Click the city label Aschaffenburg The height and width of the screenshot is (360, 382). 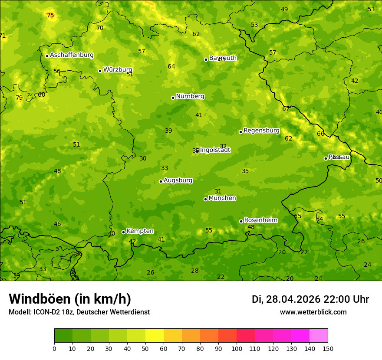tap(72, 55)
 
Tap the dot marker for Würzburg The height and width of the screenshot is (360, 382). tap(100, 71)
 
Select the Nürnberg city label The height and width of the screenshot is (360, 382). tap(190, 96)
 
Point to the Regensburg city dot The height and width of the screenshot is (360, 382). tap(240, 132)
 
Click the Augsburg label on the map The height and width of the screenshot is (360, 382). tap(178, 180)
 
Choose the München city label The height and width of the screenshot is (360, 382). tap(222, 198)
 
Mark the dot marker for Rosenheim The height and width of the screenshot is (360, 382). tap(241, 221)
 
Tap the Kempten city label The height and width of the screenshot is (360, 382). tap(140, 231)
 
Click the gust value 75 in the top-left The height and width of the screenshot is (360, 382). tap(50, 16)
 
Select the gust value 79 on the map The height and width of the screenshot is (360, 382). tap(19, 98)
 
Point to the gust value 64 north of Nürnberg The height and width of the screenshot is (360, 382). tap(171, 67)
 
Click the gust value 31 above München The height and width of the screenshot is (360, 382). tap(218, 192)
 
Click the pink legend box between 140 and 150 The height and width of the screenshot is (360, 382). tap(319, 336)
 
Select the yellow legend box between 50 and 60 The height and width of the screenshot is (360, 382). tap(155, 336)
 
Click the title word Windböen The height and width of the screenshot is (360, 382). tap(40, 299)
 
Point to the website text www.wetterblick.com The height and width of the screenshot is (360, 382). tap(313, 312)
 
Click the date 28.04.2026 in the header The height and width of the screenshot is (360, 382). tap(293, 299)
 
